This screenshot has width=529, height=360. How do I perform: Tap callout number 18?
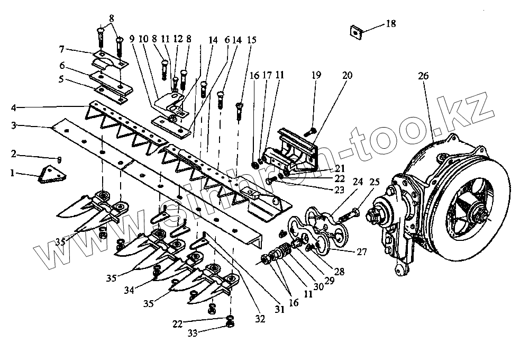[x=390, y=24]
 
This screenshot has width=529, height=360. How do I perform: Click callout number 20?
[x=346, y=76]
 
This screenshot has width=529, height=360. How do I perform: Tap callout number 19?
[x=316, y=76]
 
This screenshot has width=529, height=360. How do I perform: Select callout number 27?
[x=361, y=252]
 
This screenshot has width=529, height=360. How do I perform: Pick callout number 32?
[x=260, y=318]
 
